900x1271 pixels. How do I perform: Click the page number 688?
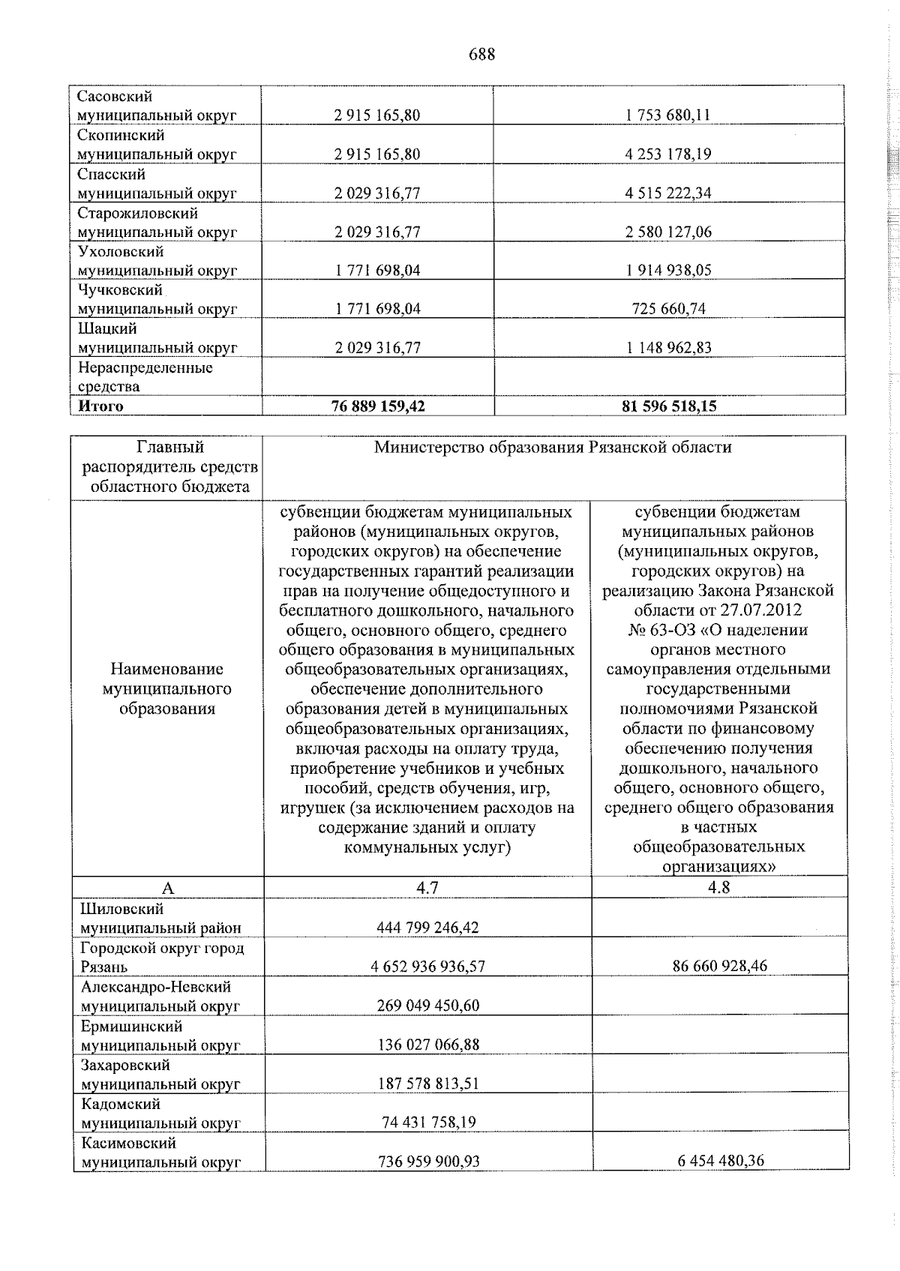481,55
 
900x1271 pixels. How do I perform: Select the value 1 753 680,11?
668,115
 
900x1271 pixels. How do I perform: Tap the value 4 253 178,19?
668,154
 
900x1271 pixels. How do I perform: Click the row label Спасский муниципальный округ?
157,184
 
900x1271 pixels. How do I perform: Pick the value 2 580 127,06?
668,232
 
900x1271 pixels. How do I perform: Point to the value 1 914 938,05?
668,270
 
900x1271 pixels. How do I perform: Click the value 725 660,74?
668,309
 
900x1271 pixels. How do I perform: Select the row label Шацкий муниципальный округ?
157,338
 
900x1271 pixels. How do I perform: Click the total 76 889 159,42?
377,406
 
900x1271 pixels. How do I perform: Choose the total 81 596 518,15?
668,406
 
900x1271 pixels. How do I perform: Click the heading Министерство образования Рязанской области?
553,448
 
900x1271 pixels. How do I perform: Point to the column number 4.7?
427,888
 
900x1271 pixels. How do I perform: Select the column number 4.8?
718,888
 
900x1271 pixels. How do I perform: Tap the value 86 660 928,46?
718,966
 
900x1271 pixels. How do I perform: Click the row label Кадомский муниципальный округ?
160,1114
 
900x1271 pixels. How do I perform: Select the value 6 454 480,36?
718,1182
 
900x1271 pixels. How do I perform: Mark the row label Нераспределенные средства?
145,377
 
